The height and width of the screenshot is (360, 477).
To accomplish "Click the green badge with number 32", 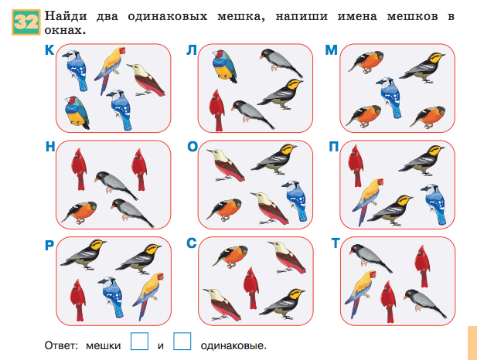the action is pos(26,22).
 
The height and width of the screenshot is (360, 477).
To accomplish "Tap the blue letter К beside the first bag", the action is pos(49,50).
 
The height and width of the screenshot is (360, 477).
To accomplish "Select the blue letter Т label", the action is pos(335,243).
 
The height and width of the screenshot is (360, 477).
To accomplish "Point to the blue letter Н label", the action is pos(50,147).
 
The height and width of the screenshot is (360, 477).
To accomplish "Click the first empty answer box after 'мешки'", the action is pos(140,341).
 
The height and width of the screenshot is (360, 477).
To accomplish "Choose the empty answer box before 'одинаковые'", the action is pos(182,341).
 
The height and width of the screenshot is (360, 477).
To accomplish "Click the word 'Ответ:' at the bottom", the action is pos(61,346).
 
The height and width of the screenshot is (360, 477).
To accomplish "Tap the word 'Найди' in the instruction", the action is pos(66,16).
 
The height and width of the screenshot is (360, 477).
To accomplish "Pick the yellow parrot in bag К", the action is pos(109,70).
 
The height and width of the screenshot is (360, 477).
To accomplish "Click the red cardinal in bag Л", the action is pos(217,110).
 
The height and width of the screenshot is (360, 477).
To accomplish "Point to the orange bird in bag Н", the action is pos(80,212).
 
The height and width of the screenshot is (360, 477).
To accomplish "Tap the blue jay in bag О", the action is pos(295,200).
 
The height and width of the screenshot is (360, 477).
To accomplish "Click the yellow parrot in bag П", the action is pos(367,202).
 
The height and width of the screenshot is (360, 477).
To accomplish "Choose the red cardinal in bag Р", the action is pos(78,300).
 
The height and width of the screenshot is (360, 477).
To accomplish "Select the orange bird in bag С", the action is pos(230,256).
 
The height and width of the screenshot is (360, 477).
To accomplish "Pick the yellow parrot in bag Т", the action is pos(360,294).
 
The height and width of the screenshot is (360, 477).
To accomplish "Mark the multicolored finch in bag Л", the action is pos(224,66).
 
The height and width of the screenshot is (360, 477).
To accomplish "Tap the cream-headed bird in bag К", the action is pos(146,80).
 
